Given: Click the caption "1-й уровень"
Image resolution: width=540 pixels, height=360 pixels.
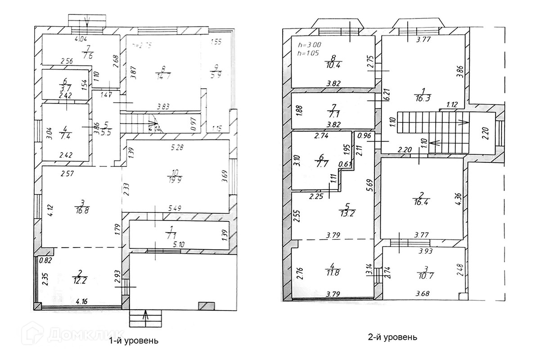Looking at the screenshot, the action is coord(134,341).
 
